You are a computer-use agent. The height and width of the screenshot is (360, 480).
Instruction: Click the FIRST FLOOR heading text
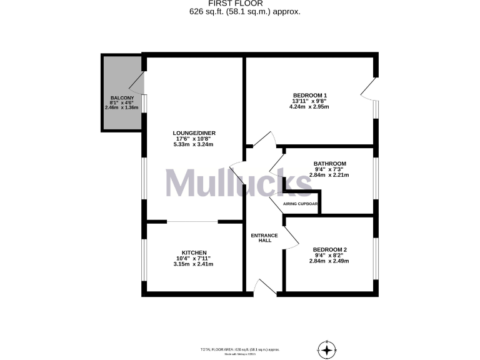[240, 4]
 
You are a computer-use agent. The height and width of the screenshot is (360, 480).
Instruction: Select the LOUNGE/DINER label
[193, 133]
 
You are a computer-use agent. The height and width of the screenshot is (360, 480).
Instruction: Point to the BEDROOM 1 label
[309, 94]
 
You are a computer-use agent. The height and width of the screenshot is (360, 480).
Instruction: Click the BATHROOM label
[329, 164]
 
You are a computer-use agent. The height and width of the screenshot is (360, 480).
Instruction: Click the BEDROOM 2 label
[329, 249]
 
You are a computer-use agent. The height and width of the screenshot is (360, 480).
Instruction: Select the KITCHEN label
[194, 252]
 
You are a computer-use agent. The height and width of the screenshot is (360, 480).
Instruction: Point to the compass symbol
[327, 348]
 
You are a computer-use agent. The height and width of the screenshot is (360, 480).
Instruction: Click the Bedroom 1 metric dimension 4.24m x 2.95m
[309, 107]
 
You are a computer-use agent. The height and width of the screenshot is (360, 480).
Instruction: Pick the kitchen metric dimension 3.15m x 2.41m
[194, 264]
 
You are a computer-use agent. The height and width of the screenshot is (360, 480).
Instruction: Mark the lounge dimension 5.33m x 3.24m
[193, 145]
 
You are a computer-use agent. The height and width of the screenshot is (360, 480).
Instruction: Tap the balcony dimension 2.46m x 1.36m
[122, 107]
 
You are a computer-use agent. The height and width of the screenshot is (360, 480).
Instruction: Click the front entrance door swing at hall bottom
[266, 287]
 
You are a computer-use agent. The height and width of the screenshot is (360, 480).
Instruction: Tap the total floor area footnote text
[239, 349]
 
